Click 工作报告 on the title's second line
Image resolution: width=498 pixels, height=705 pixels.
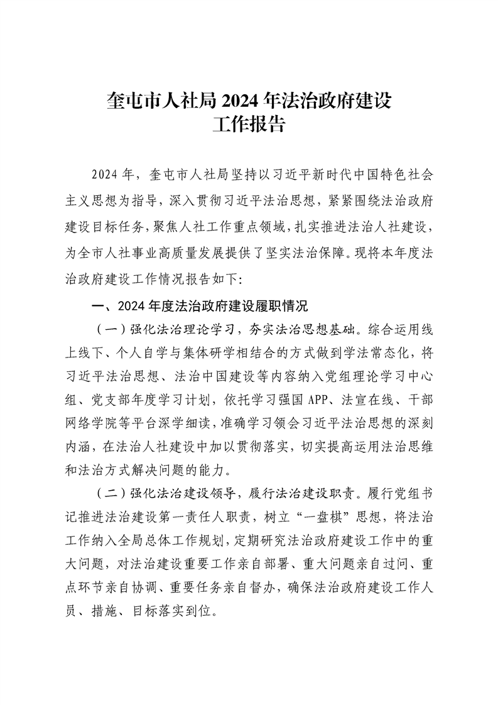pos(249,124)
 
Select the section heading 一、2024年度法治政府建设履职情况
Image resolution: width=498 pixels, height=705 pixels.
pos(199,307)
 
